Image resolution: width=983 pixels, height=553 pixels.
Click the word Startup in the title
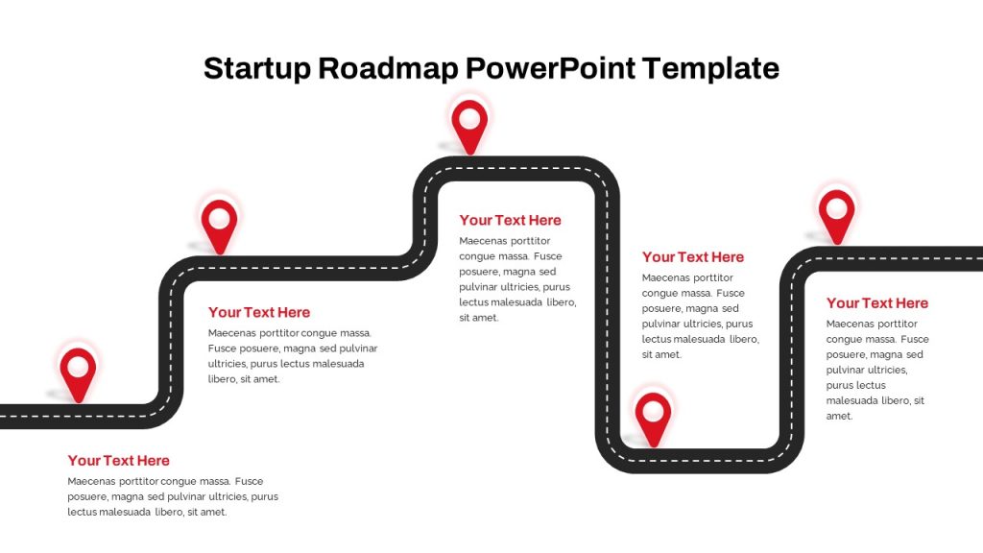point(257,69)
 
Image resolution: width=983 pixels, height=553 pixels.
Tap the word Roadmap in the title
point(389,68)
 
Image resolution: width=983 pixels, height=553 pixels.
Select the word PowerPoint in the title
point(551,68)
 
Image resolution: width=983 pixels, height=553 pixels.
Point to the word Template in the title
point(711,69)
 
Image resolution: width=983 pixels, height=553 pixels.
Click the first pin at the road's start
point(79,373)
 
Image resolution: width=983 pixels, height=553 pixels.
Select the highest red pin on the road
point(469,126)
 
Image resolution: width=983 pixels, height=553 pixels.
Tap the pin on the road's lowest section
point(653,419)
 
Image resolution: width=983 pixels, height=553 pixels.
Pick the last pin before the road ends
point(837,216)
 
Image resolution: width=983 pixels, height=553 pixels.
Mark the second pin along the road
point(220,227)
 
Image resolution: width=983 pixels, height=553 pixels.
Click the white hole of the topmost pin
point(469,118)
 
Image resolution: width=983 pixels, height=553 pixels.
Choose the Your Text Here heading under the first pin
point(118,461)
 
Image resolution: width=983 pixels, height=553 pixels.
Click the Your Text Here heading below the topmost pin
point(511,220)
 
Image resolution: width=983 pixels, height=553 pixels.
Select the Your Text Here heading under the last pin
point(877,303)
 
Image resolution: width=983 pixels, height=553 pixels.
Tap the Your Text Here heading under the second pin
point(259,312)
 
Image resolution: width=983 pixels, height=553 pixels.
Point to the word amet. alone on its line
point(839,417)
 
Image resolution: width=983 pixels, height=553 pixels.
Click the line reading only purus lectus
point(855,386)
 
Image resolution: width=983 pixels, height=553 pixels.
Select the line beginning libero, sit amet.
point(244,379)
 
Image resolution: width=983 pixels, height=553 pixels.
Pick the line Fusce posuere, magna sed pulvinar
point(293,349)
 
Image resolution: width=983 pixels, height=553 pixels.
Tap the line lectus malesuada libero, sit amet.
point(147,513)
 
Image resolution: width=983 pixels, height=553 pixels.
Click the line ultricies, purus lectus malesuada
point(286,364)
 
